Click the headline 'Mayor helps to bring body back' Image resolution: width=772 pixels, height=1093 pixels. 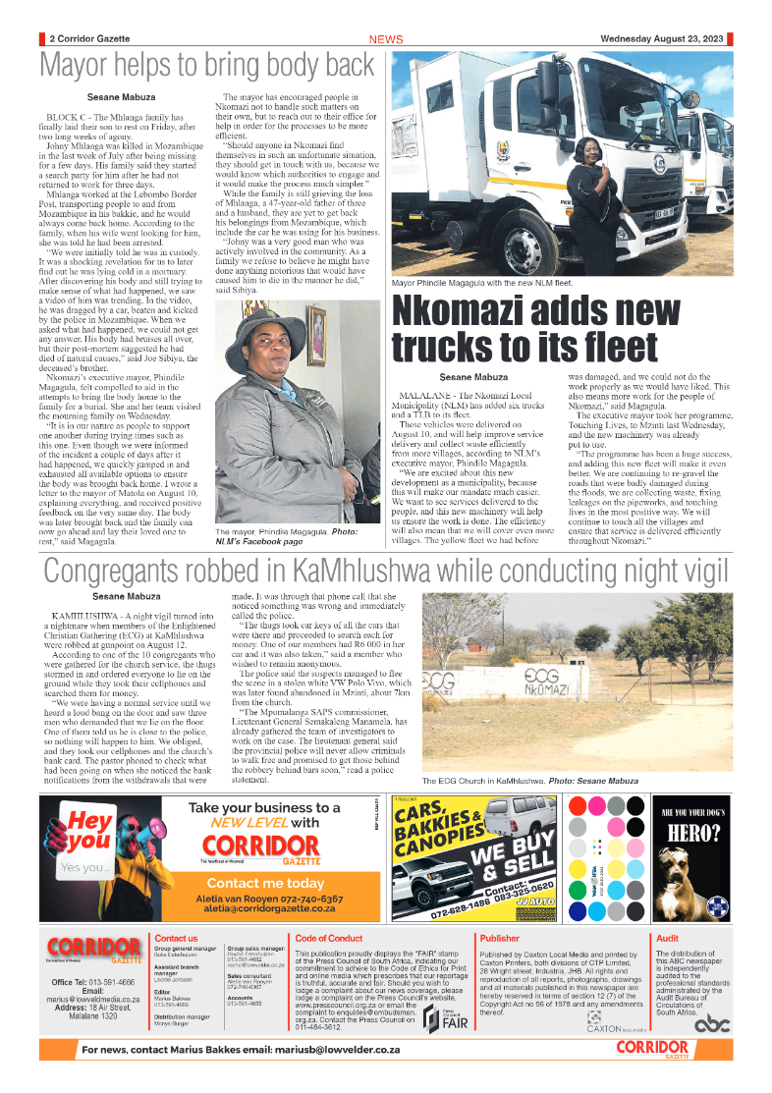[x=206, y=67]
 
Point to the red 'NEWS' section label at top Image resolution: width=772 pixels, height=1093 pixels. [x=386, y=39]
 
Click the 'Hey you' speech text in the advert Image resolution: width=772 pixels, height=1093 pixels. [x=89, y=830]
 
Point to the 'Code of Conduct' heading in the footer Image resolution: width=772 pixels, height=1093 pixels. [x=329, y=939]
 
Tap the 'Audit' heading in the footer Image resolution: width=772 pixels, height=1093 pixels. [x=667, y=939]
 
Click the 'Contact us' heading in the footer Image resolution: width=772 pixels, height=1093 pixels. [x=176, y=939]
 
